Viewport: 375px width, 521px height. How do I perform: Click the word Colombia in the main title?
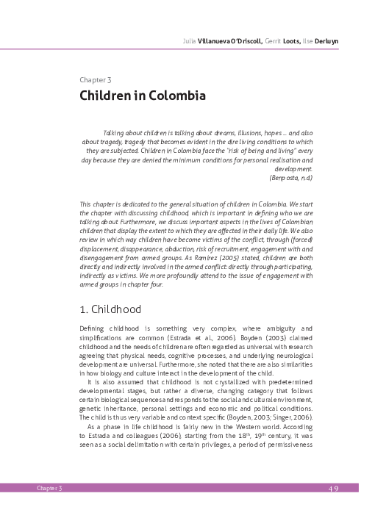(175, 96)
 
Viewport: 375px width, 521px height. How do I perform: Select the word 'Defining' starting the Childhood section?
(95, 326)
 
